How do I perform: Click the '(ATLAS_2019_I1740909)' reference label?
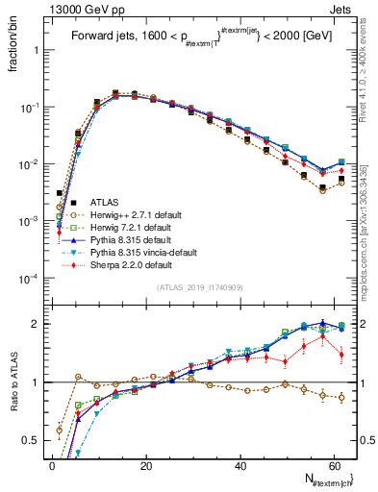pos(199,288)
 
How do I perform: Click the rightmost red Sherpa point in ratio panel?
pos(341,355)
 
